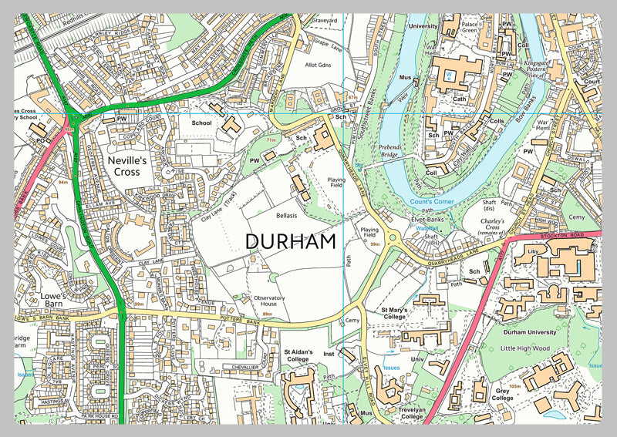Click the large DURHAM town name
point(291,241)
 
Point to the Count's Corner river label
point(432,202)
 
